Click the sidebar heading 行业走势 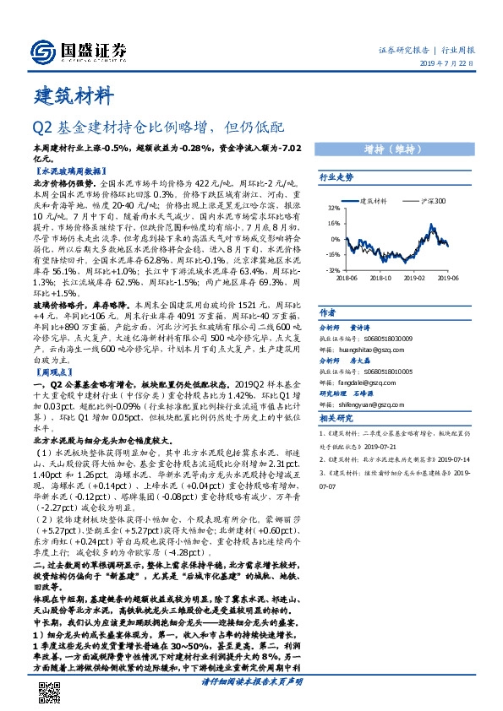[336, 178]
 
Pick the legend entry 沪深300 [433, 201]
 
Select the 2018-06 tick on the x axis [347, 276]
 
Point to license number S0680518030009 [389, 336]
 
